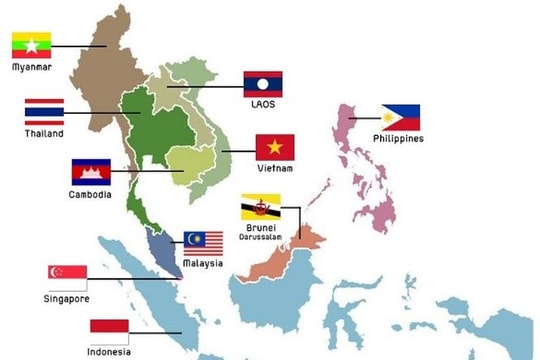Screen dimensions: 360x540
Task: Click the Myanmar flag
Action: point(31,46)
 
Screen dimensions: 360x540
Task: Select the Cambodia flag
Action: point(90,172)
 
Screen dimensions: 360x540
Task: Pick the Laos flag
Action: point(263,83)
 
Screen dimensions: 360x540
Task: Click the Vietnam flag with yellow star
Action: point(275,148)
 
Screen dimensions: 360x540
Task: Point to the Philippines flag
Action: point(400,117)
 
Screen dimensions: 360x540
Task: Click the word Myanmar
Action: point(32,68)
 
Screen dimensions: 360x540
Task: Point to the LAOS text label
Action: point(263,104)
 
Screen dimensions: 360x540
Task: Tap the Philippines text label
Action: point(398,139)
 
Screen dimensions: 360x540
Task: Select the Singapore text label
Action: point(67,298)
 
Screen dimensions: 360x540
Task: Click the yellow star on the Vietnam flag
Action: point(275,148)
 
